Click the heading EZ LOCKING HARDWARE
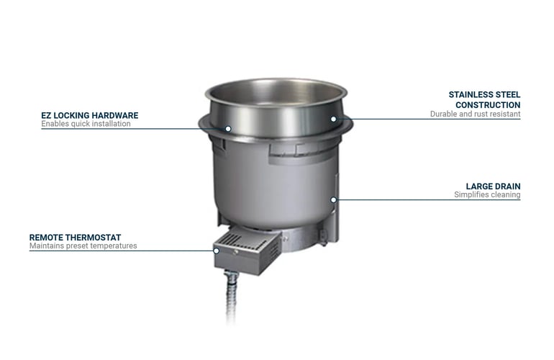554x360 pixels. coord(90,115)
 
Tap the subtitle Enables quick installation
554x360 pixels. coord(86,124)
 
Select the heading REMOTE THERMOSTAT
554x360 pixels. coord(76,238)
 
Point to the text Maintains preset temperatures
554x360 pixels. coord(83,246)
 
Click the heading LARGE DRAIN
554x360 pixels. coord(493,186)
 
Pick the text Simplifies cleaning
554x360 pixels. coord(487,195)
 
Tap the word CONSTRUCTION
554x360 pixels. coord(488,105)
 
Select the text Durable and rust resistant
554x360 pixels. coord(475,114)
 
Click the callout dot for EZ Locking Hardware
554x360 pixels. coord(228,129)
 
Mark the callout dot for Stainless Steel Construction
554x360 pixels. coord(334,120)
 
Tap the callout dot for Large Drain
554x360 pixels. coord(334,200)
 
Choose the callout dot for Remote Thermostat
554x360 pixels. coord(217,251)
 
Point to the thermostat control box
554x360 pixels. coord(248,251)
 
